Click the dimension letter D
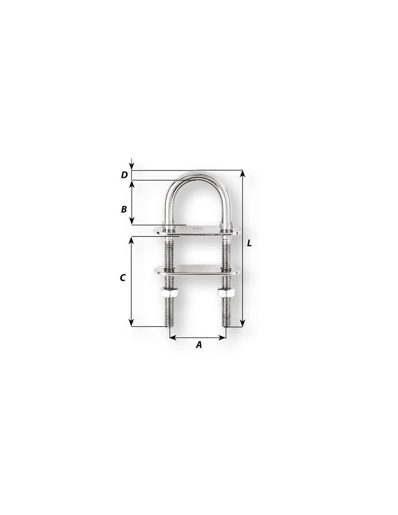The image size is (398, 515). [124, 175]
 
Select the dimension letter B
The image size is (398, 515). [124, 209]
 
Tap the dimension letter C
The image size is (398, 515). [123, 278]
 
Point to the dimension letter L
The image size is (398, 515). [249, 243]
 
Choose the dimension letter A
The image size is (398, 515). [199, 345]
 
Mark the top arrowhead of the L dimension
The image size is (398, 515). [242, 173]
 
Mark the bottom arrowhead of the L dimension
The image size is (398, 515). [242, 323]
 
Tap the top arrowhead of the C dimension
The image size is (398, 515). [132, 240]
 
